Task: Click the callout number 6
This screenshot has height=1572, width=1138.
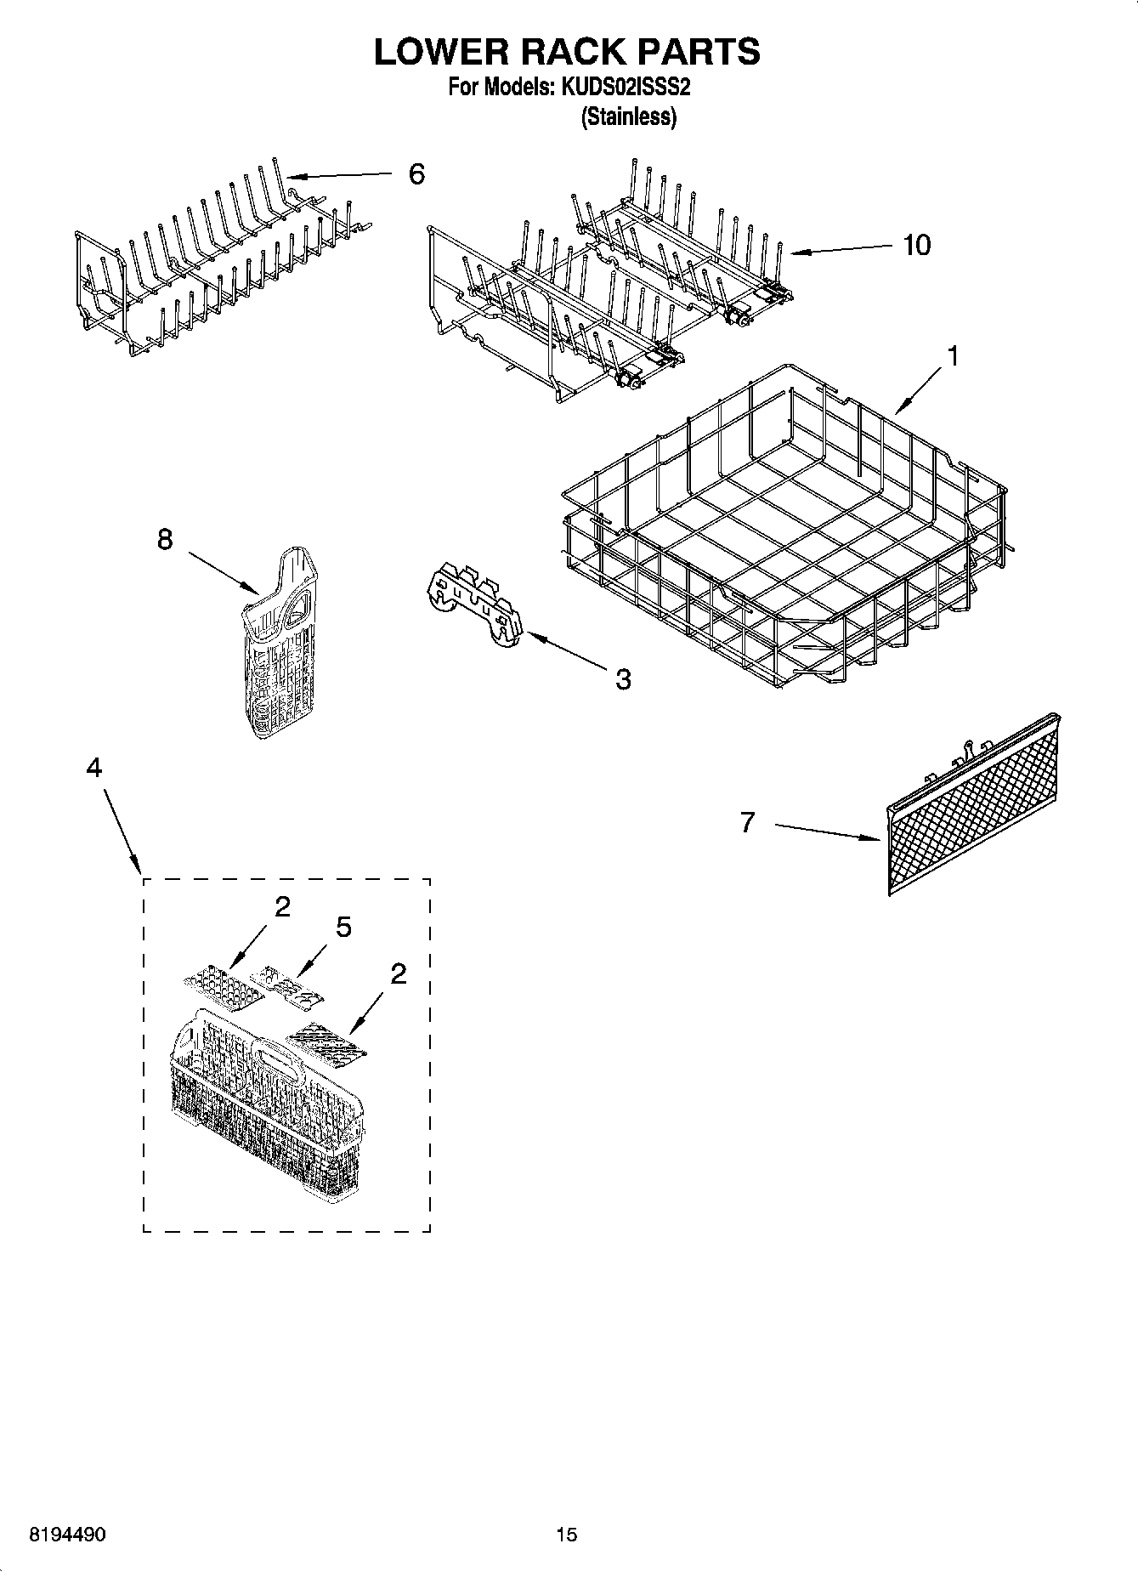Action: [416, 174]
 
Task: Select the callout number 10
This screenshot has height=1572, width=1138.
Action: [916, 245]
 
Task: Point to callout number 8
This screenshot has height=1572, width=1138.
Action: [165, 539]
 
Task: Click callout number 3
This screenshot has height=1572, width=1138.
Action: [622, 678]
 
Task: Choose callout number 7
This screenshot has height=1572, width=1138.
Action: [747, 822]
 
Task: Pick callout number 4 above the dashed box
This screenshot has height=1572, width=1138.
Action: [94, 767]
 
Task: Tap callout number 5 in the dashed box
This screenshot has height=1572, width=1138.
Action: [343, 927]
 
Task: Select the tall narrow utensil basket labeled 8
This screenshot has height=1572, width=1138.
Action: [279, 646]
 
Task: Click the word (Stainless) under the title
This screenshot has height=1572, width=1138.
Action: [628, 117]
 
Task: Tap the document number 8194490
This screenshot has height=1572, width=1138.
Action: [67, 1534]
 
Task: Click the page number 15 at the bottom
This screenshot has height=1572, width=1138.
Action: [566, 1534]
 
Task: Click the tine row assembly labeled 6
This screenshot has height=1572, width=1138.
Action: [221, 255]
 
